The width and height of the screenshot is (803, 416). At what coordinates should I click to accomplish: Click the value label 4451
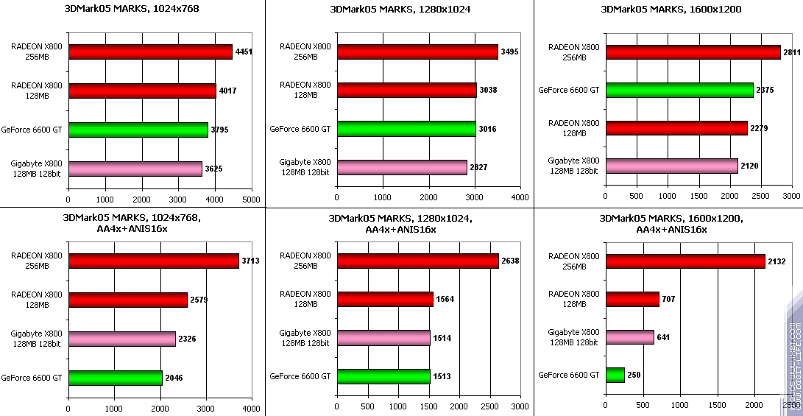click(243, 52)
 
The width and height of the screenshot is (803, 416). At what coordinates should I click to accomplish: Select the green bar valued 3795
click(138, 130)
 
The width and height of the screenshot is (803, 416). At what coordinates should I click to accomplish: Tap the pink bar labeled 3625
click(135, 169)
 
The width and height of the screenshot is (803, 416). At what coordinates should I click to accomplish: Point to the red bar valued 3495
click(417, 52)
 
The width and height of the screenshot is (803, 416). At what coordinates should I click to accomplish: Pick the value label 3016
click(487, 130)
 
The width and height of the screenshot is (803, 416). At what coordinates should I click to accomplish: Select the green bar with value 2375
click(679, 90)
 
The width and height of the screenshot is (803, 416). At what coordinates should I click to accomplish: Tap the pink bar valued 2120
click(671, 166)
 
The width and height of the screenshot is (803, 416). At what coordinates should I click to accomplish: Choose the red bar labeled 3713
click(153, 261)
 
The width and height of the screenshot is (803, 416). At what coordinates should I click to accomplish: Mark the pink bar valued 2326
click(122, 339)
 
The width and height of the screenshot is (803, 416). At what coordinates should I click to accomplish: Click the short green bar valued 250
click(615, 375)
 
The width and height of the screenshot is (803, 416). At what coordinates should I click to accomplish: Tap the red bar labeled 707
click(632, 299)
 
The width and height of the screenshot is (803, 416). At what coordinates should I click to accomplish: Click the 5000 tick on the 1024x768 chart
click(251, 199)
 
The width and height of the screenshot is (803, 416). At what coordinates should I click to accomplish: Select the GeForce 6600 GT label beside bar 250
click(569, 375)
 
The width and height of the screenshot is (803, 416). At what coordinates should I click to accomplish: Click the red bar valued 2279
click(676, 128)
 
